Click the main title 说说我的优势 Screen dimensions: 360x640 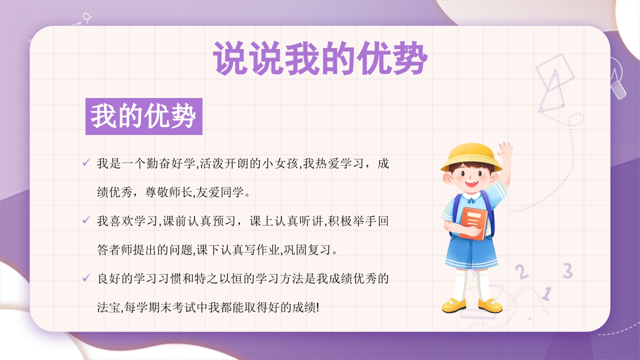point(320,59)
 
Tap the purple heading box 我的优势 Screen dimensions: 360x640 point(143,116)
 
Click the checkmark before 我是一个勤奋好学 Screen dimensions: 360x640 point(86,162)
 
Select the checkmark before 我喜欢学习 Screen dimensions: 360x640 point(86,219)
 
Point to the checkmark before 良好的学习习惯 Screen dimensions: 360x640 point(86,277)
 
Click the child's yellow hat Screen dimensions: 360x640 point(470,156)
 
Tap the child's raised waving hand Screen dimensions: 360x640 point(505,149)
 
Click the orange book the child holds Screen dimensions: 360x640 point(473,222)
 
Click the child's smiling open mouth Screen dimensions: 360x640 point(470,183)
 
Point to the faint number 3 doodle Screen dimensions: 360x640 point(567,270)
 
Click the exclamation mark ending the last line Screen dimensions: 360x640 point(317,306)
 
